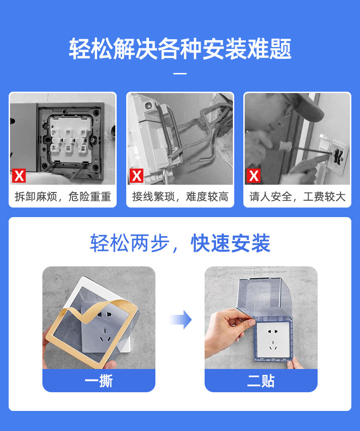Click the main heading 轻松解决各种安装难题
(x=180, y=49)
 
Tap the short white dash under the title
(x=180, y=74)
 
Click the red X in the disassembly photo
(x=19, y=176)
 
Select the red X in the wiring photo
(x=136, y=176)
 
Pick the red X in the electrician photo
(x=253, y=176)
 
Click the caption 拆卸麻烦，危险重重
(x=63, y=197)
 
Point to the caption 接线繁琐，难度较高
(x=180, y=197)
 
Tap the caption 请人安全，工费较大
(x=298, y=197)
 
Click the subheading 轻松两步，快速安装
(x=180, y=243)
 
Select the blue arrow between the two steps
(x=181, y=319)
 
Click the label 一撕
(x=99, y=381)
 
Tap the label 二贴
(x=261, y=381)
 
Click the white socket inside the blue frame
(x=273, y=340)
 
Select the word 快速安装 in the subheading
(x=231, y=243)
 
